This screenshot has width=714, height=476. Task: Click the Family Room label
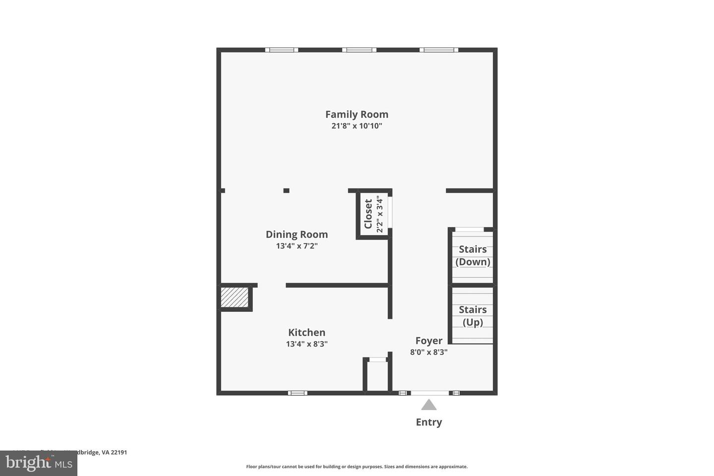(x=357, y=115)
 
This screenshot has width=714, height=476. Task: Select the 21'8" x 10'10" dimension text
(x=357, y=126)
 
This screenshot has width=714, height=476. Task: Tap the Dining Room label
(x=297, y=235)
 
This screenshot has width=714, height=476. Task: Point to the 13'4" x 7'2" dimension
(x=297, y=246)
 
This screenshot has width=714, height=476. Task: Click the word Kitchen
(x=306, y=333)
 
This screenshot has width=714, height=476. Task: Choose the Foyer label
(x=428, y=341)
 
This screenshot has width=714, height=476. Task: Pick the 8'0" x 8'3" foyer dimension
(x=428, y=352)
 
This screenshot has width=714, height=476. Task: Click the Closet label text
(x=368, y=214)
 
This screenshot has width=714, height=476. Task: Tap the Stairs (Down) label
(x=473, y=255)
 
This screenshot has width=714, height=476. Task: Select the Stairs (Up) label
(x=473, y=316)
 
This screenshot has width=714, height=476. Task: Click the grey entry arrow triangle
(x=429, y=405)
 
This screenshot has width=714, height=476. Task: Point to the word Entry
(x=429, y=422)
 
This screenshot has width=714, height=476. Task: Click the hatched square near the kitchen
(x=234, y=297)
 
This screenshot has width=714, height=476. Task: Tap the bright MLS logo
(x=39, y=463)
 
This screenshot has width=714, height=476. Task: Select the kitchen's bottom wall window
(x=297, y=393)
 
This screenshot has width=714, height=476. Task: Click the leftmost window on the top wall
(x=282, y=50)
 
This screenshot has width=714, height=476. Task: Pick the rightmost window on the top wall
(x=439, y=50)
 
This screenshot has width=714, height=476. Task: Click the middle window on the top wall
(x=359, y=50)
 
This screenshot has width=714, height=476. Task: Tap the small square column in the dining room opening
(x=286, y=190)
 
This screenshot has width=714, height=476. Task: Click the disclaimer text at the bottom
(x=357, y=467)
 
